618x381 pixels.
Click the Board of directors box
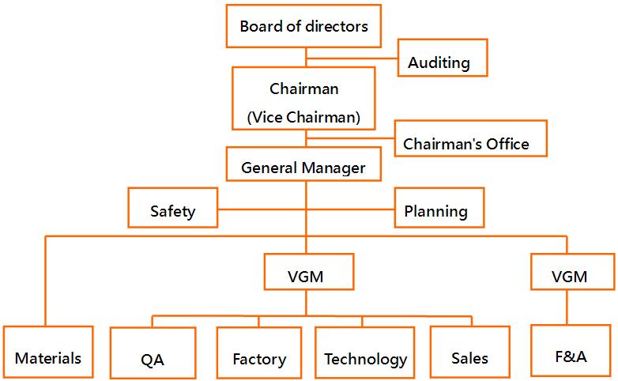pyautogui.click(x=304, y=27)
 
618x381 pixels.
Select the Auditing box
pyautogui.click(x=442, y=62)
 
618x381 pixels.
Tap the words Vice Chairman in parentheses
pyautogui.click(x=304, y=118)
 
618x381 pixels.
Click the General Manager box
pyautogui.click(x=304, y=168)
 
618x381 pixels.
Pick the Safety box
pyautogui.click(x=172, y=211)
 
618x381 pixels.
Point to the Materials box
pyautogui.click(x=47, y=357)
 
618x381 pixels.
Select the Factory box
pyautogui.click(x=259, y=358)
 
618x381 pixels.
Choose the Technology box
pyautogui.click(x=366, y=358)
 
